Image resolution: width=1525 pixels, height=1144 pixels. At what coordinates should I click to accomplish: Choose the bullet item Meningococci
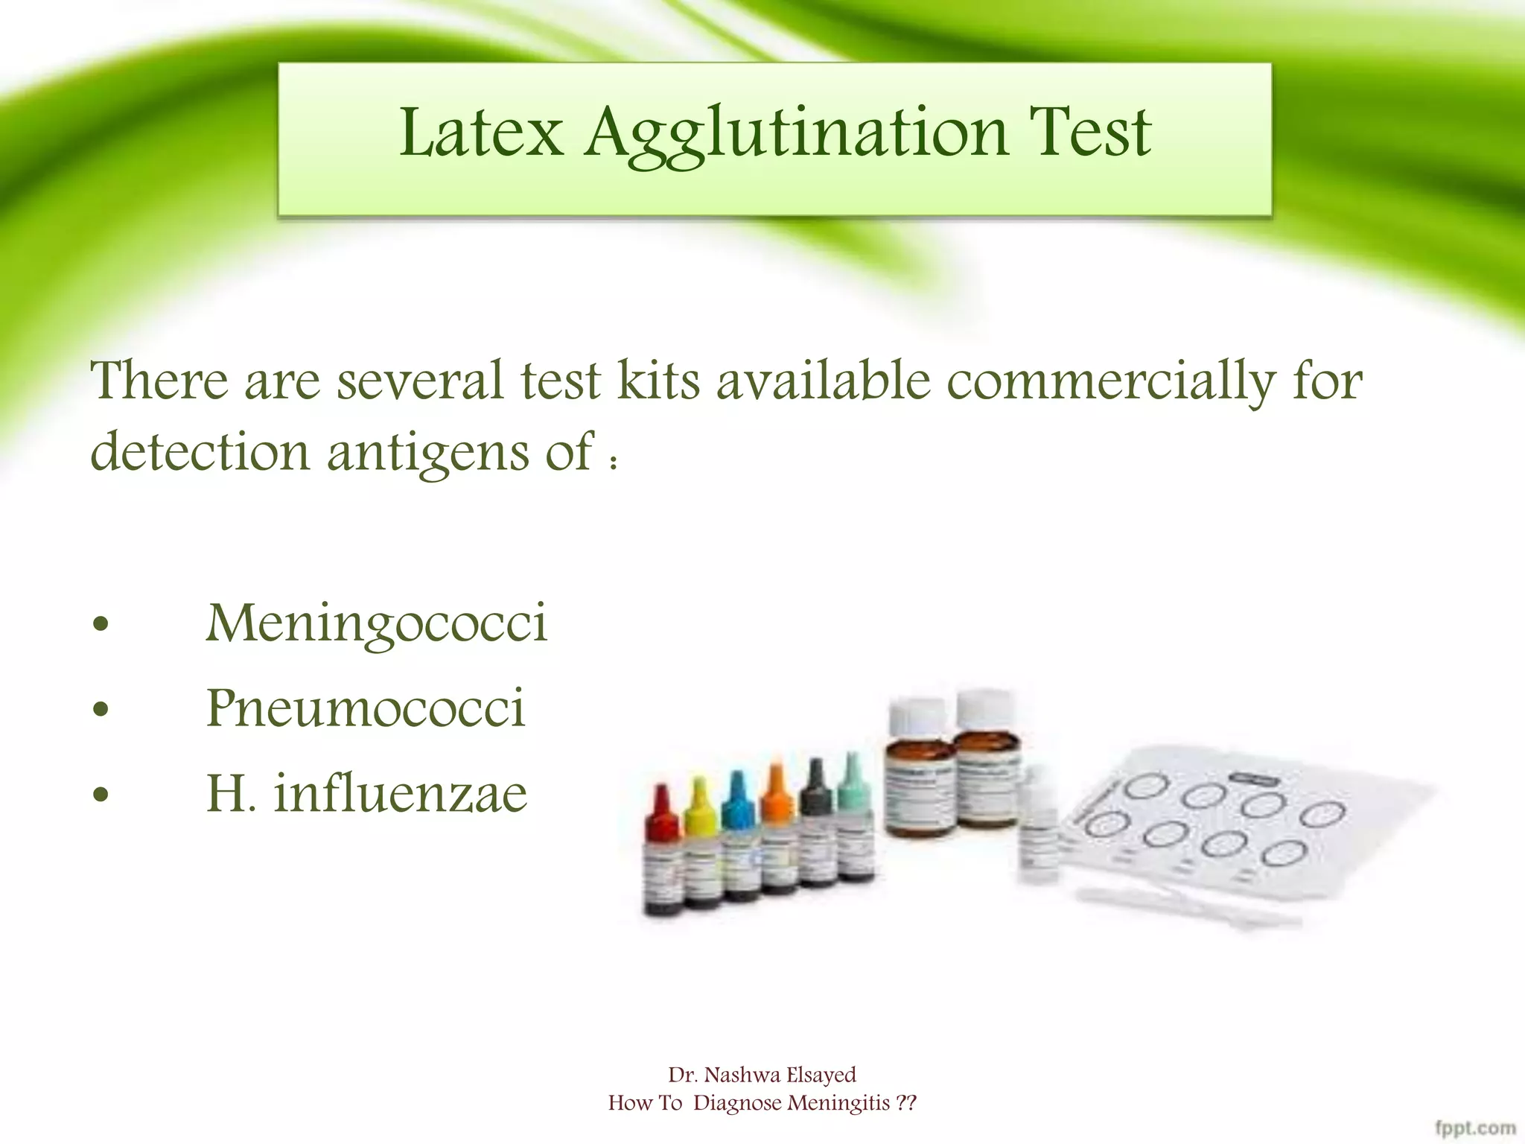(x=376, y=624)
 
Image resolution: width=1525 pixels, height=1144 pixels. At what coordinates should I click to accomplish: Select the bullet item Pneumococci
(x=366, y=708)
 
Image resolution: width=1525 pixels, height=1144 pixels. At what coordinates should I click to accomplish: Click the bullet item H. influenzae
(x=366, y=793)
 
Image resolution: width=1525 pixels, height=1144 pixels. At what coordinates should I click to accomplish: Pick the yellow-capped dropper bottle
(x=701, y=845)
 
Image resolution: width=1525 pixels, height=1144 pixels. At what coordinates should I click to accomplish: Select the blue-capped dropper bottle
(x=739, y=838)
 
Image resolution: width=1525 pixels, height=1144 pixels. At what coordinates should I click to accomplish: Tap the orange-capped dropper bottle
(x=778, y=830)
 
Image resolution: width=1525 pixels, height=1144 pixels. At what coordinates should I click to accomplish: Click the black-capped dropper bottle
(x=818, y=823)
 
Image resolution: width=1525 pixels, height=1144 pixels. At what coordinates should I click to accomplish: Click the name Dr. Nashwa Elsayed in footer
(x=762, y=1075)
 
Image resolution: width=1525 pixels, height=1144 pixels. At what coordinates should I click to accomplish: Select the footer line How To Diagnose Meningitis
(x=762, y=1103)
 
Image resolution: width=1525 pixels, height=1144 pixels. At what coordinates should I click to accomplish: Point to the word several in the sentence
(x=419, y=381)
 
